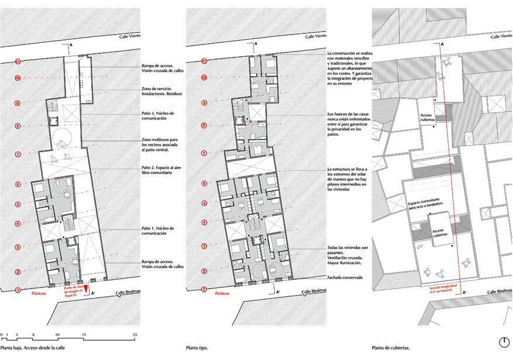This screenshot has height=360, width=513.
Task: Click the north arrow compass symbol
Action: (x=504, y=342)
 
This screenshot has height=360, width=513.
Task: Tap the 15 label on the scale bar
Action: (x=84, y=334)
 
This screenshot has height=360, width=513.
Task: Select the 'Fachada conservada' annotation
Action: (x=345, y=277)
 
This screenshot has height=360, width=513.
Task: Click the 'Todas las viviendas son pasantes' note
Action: (x=348, y=256)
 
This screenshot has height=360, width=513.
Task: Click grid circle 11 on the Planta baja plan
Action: (x=18, y=61)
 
